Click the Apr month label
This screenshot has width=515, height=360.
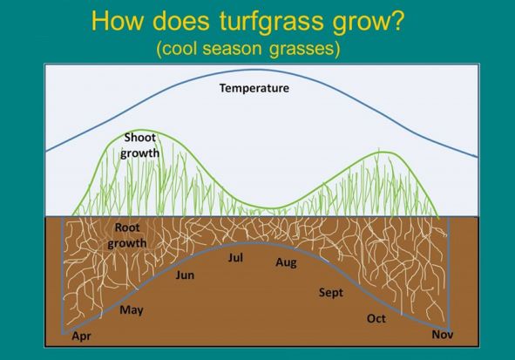click(x=81, y=336)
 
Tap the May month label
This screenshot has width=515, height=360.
click(x=132, y=310)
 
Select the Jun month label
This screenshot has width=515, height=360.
click(x=185, y=275)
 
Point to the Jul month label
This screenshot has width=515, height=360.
click(x=235, y=257)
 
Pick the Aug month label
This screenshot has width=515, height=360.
click(x=286, y=262)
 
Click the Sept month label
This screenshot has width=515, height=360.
click(x=331, y=293)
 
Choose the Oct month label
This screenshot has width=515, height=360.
click(x=376, y=319)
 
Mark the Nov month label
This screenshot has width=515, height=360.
click(x=443, y=335)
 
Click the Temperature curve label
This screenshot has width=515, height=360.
click(x=254, y=88)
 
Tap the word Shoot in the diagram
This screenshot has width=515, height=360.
click(x=140, y=138)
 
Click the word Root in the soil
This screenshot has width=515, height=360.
click(x=127, y=228)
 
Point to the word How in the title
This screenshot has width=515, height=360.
click(x=118, y=20)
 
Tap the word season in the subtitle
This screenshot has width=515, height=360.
click(x=232, y=49)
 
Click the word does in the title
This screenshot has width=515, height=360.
click(x=180, y=20)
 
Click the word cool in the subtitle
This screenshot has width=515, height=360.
click(x=180, y=48)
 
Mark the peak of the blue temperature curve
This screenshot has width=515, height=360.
click(x=259, y=70)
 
